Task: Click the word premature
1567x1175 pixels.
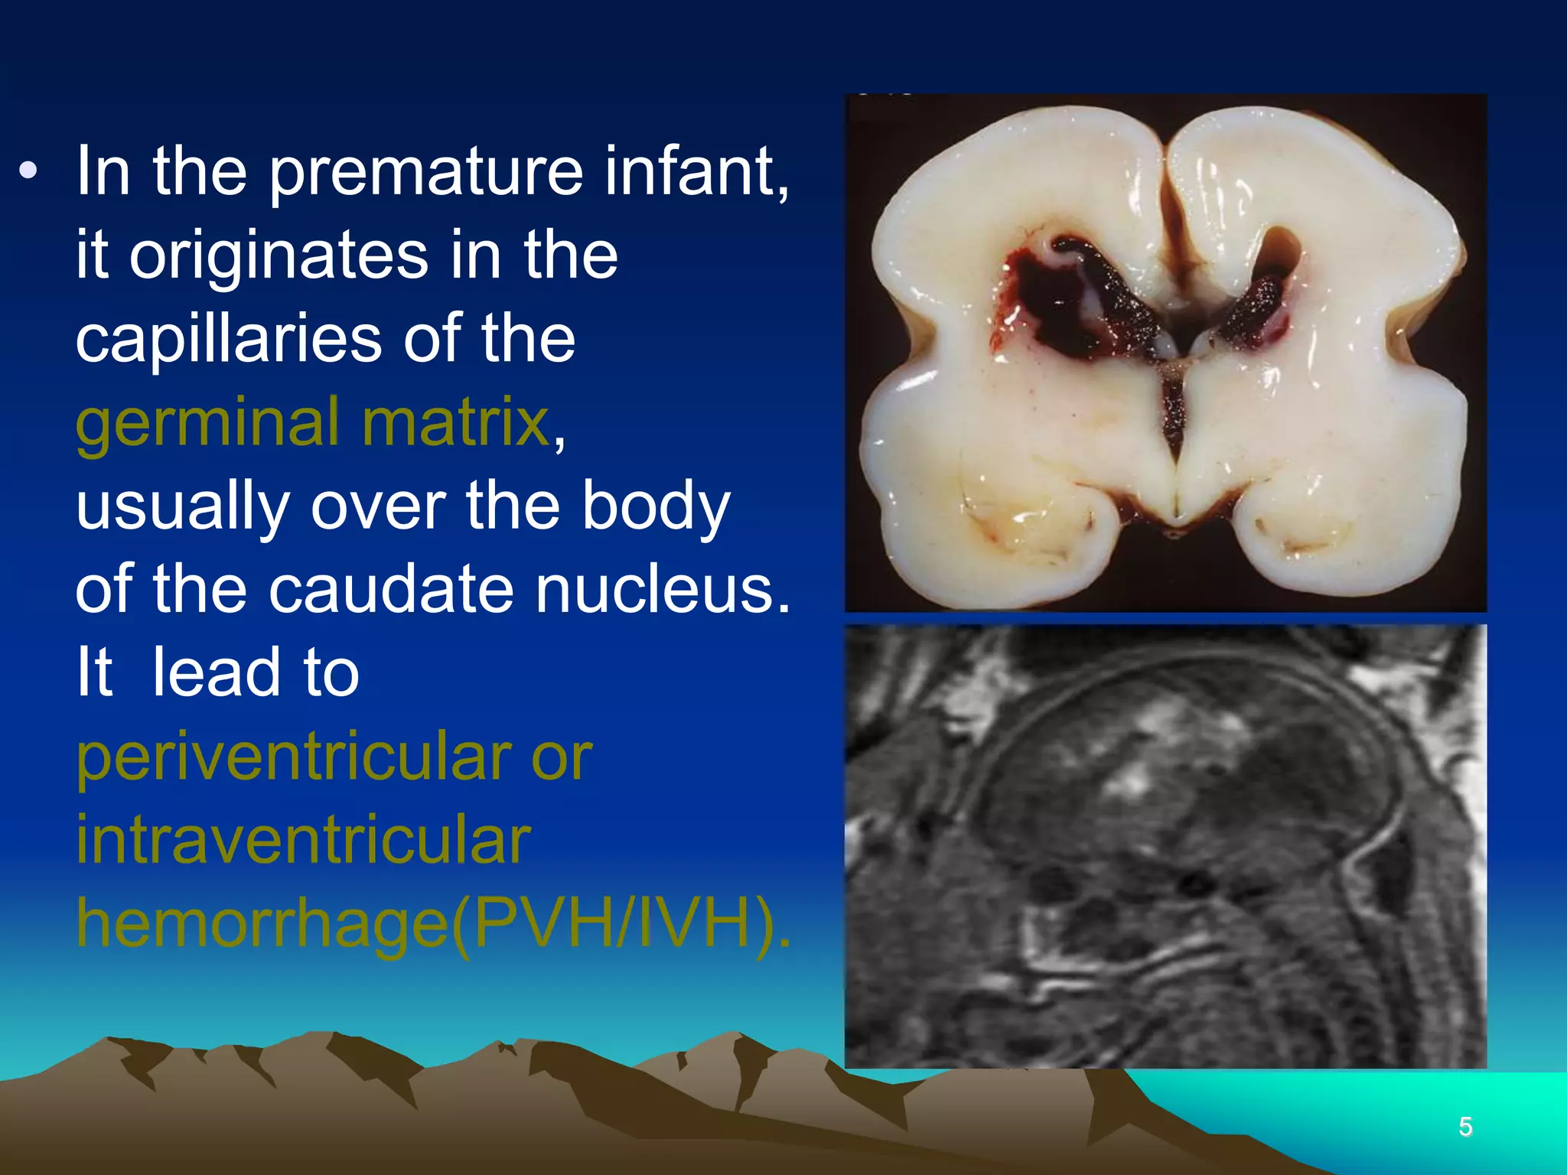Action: [x=425, y=172]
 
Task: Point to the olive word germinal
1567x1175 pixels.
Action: [x=207, y=423]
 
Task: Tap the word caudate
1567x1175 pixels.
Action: [x=390, y=590]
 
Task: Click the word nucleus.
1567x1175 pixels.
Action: [x=663, y=590]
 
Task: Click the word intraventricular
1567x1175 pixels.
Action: [x=303, y=841]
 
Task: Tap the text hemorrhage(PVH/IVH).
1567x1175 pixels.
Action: [x=433, y=924]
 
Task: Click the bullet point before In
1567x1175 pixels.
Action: [x=28, y=171]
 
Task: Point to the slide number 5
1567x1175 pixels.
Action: [x=1465, y=1126]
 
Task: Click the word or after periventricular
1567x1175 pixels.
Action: [x=562, y=758]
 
